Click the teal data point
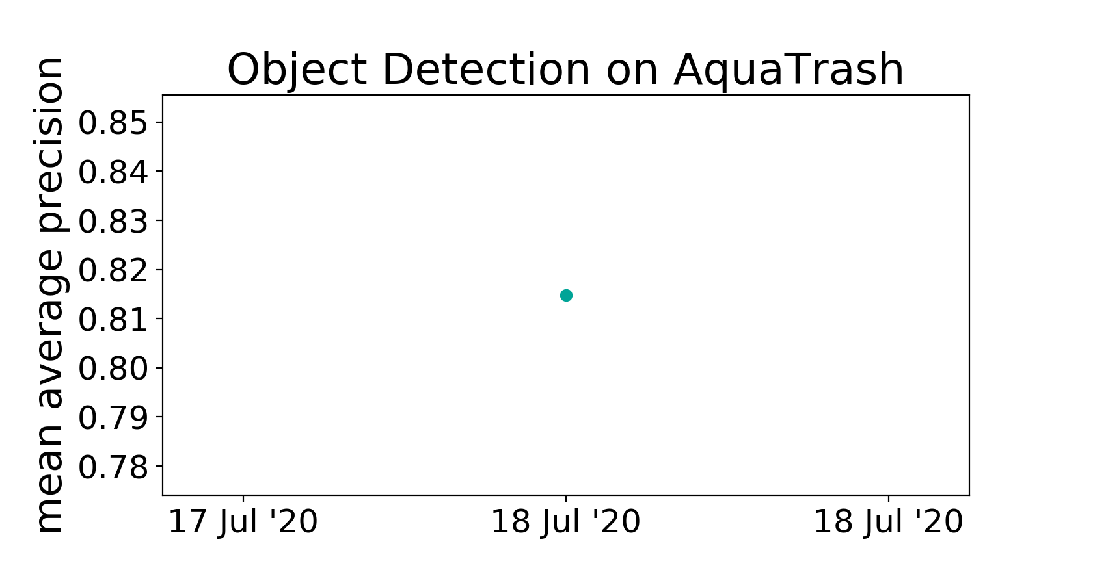tap(566, 296)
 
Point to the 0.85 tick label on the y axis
tap(113, 123)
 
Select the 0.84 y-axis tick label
tap(113, 172)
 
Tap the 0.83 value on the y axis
tap(113, 221)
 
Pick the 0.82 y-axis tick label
tap(113, 270)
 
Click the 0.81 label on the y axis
tap(113, 319)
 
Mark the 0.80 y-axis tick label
tap(113, 369)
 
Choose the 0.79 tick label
tap(113, 417)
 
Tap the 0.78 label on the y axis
tap(113, 467)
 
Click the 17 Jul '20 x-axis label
tap(243, 523)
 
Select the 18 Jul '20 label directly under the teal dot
tap(566, 523)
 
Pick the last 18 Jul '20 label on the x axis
tap(888, 523)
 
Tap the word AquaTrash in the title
tap(789, 70)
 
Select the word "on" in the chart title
tap(632, 74)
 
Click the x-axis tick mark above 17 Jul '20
tap(243, 499)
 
